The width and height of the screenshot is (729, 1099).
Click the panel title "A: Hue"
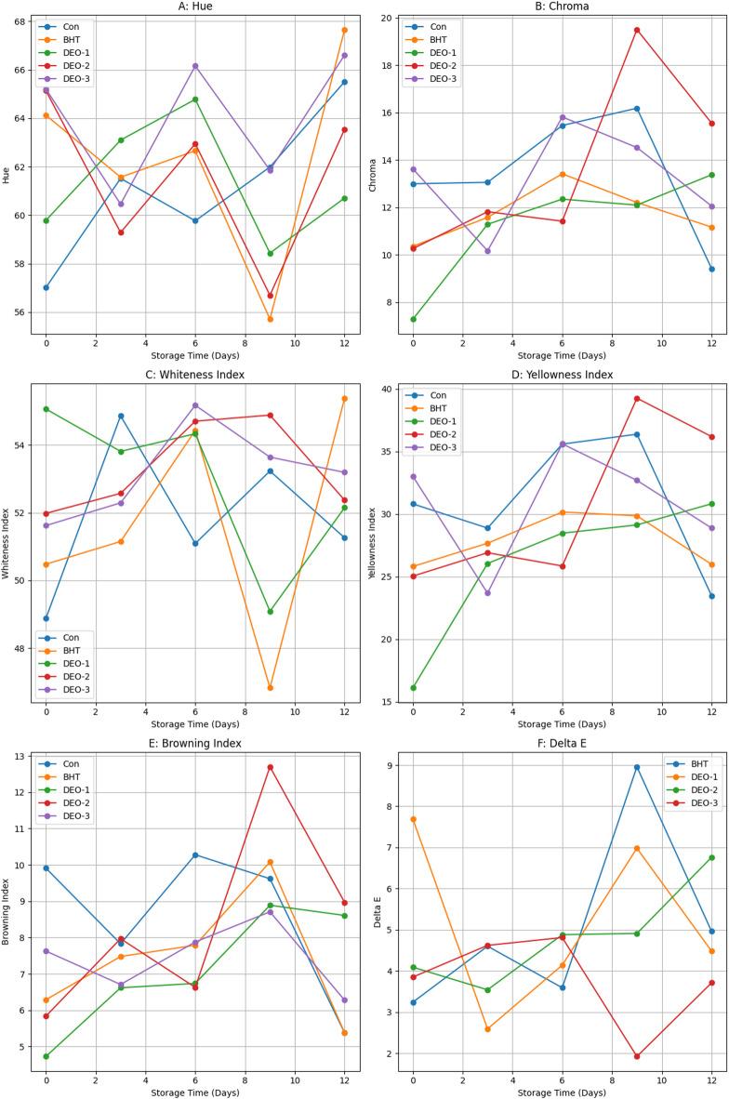click(195, 7)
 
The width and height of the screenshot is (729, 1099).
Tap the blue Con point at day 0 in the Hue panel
click(46, 287)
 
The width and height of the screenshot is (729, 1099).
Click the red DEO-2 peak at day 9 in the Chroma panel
click(637, 30)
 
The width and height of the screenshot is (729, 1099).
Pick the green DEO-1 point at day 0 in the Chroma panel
click(413, 319)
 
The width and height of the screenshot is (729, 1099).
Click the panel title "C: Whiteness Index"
click(195, 375)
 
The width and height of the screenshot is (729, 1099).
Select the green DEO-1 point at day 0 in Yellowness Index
click(413, 688)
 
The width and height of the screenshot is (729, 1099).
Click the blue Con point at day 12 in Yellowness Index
click(711, 596)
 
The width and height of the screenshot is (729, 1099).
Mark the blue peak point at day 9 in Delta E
click(637, 767)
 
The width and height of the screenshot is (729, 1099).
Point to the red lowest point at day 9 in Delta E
click(637, 1056)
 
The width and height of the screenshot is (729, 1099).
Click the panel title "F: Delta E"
click(563, 742)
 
